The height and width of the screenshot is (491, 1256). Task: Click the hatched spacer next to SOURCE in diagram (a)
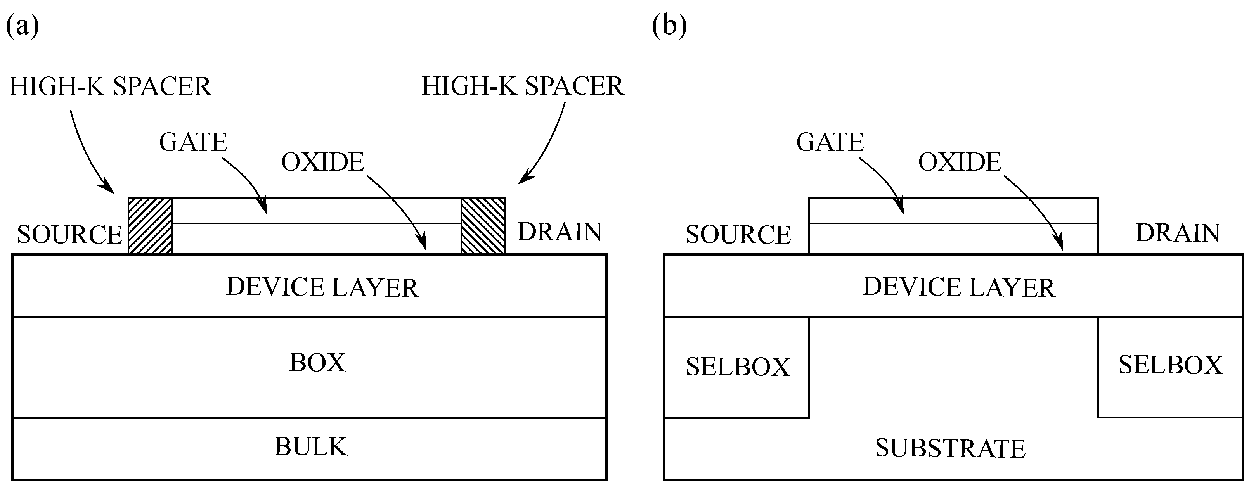coord(150,225)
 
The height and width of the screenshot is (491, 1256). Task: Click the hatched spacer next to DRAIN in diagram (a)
coord(483,225)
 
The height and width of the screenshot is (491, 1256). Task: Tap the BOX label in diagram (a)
coord(317,363)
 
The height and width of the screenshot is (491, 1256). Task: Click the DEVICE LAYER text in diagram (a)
coord(322,287)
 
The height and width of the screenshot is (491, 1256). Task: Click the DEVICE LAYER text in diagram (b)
coord(959,287)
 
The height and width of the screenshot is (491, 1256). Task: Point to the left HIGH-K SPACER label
coord(110,87)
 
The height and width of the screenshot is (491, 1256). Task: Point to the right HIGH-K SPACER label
coord(522,86)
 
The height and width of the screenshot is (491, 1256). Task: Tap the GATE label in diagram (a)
coord(193,142)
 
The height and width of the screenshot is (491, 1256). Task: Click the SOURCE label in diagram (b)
coord(738,235)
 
